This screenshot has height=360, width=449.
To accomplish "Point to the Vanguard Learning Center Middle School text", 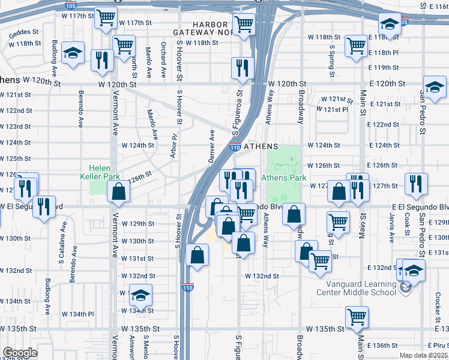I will coord(361,287).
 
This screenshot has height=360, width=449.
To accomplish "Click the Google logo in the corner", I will coord(19,353).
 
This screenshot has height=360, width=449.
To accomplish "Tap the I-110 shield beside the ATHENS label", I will coord(236,147).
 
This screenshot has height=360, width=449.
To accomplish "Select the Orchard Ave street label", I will coord(163,59).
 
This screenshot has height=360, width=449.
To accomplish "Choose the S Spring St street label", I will coord(331,60).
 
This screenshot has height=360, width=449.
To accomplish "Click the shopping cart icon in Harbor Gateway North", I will coord(244,25).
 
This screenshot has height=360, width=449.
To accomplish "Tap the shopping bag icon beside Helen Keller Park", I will coord(119,191).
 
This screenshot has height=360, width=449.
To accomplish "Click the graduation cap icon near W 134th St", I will coord(140,295).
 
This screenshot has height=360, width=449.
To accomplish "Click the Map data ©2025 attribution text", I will coord(424,355).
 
